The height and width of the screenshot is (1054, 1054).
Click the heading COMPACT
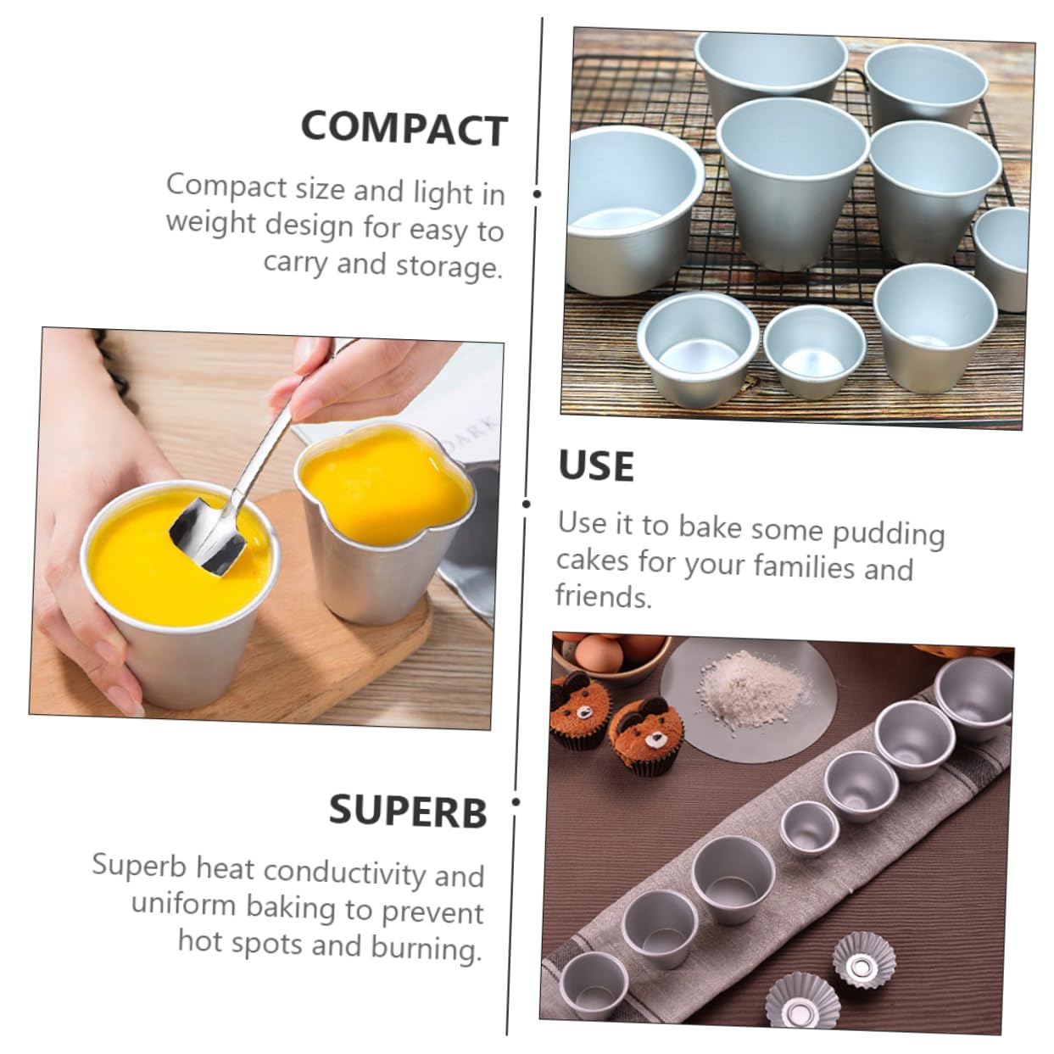coord(404,128)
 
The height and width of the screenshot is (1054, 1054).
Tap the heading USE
coord(596,466)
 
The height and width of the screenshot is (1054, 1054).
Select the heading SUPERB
coord(408,811)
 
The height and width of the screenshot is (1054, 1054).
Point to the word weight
coord(211,224)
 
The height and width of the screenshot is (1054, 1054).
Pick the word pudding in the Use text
coord(888,533)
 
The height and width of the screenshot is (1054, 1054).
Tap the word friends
coord(603,597)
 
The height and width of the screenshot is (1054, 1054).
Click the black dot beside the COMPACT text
coord(536,193)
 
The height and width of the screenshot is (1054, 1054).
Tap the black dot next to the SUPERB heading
coord(516,801)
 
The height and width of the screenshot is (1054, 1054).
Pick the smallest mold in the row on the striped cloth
coord(809,827)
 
